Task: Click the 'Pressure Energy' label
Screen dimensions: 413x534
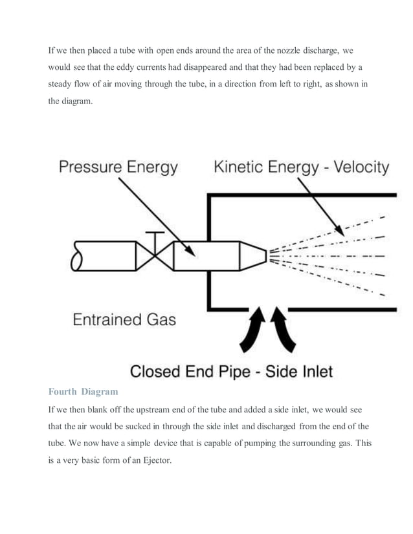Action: (118, 167)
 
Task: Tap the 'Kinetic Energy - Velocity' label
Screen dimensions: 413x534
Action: (302, 167)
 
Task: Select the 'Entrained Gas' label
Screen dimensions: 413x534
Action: (124, 319)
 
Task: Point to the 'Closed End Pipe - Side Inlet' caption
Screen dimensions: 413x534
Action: (231, 371)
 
